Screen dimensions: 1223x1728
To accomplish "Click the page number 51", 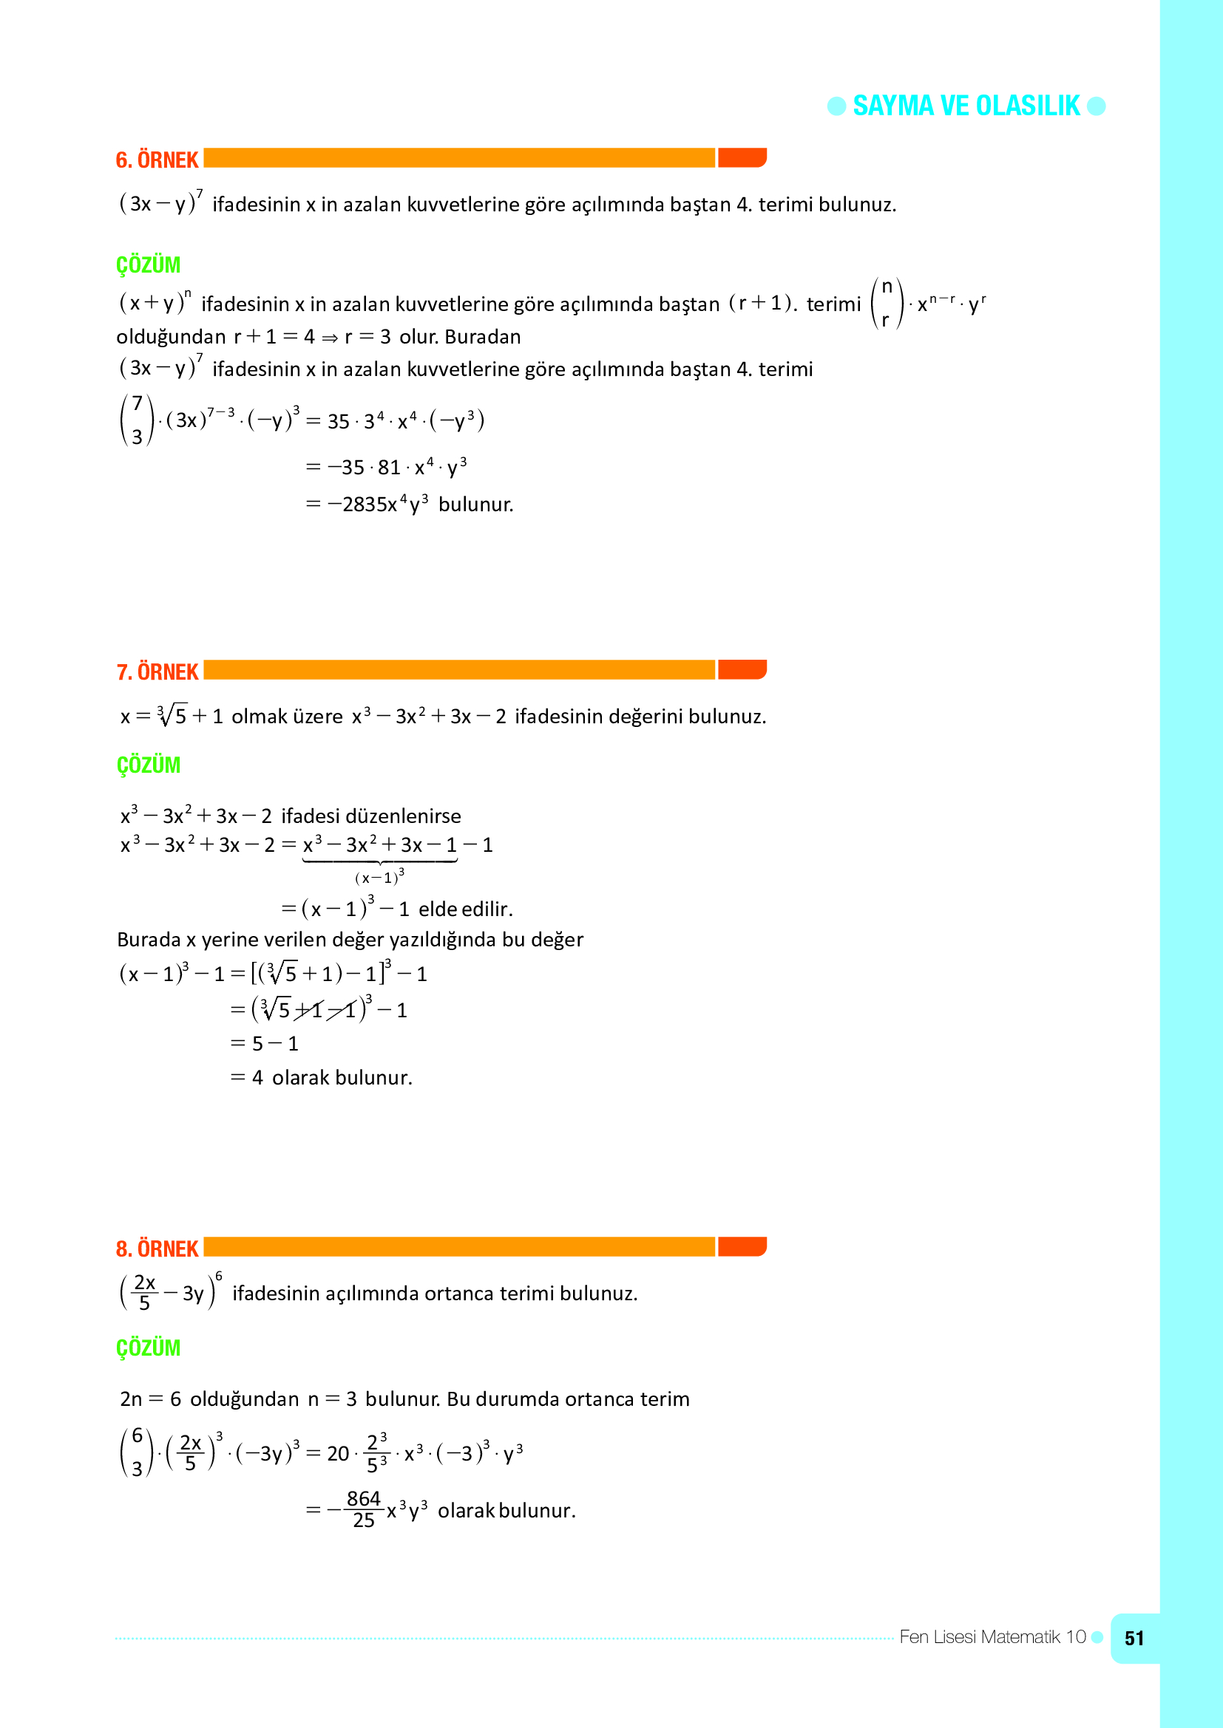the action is [1134, 1639].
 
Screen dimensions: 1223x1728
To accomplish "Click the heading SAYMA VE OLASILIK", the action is [966, 106].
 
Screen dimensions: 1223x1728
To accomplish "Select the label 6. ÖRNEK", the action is [157, 160].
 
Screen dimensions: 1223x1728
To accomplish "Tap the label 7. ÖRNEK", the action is [157, 672].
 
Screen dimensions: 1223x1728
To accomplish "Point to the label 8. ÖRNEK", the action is [157, 1249].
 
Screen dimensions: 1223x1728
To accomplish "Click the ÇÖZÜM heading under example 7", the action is [149, 765].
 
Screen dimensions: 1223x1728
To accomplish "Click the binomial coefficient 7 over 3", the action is [137, 420].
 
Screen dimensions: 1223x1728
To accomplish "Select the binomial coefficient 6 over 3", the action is [137, 1452].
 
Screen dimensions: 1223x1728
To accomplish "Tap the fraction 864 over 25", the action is [364, 1510].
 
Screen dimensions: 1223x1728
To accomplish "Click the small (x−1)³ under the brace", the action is [379, 877].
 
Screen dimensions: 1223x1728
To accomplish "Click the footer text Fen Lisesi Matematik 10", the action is [992, 1637].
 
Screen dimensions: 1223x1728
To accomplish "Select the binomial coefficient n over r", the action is [887, 304].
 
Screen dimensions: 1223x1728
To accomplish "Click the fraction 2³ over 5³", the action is [377, 1453].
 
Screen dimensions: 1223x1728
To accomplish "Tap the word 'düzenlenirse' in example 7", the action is [408, 816].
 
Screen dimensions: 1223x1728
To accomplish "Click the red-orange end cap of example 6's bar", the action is [742, 158].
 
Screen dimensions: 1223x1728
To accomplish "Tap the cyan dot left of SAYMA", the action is [837, 106].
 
